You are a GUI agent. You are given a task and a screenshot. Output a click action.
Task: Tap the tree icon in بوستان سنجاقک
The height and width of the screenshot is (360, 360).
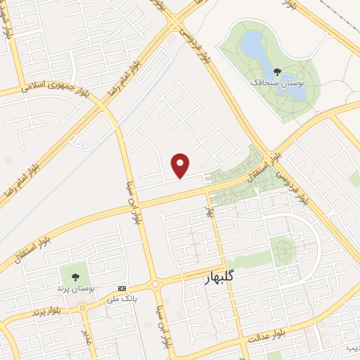click(x=276, y=71)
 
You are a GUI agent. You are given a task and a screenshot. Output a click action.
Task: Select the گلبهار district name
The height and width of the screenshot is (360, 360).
click(x=228, y=277)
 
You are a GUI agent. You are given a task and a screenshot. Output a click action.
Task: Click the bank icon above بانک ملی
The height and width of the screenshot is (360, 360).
click(x=122, y=288)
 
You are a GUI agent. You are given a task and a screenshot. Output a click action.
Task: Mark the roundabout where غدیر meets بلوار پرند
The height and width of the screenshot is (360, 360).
click(x=82, y=307)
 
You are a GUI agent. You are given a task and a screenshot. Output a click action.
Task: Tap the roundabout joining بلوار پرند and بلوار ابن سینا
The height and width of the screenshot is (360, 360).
click(x=155, y=283)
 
